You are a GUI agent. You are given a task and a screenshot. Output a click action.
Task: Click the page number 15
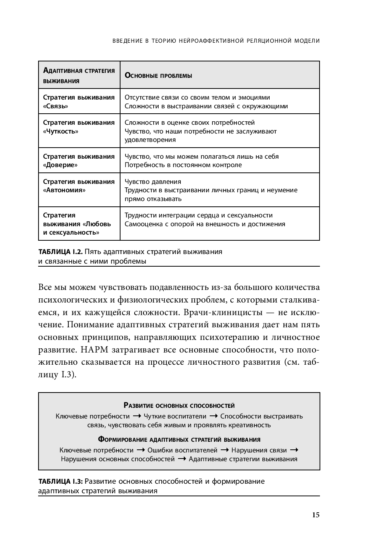click(316, 515)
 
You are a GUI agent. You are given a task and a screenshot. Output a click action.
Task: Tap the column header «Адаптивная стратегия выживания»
click(79, 75)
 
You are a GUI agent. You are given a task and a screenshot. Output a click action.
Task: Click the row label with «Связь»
click(79, 101)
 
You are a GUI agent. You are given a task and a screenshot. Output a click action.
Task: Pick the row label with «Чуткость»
click(79, 127)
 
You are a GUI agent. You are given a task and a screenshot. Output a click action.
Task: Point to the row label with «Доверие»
click(79, 161)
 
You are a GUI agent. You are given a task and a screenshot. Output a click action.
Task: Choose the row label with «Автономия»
click(79, 186)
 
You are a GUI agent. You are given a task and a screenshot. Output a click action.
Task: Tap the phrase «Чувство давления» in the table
click(153, 182)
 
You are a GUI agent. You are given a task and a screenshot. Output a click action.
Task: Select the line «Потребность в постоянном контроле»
click(183, 165)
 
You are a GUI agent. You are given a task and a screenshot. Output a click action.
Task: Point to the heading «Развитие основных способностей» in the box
click(179, 406)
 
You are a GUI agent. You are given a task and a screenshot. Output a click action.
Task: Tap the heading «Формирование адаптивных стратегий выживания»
click(179, 439)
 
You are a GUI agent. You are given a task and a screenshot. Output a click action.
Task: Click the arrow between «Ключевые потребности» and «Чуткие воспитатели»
click(137, 416)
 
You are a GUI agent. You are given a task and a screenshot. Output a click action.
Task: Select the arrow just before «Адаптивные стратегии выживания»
click(182, 459)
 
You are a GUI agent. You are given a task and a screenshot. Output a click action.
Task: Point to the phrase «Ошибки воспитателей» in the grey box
click(182, 450)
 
